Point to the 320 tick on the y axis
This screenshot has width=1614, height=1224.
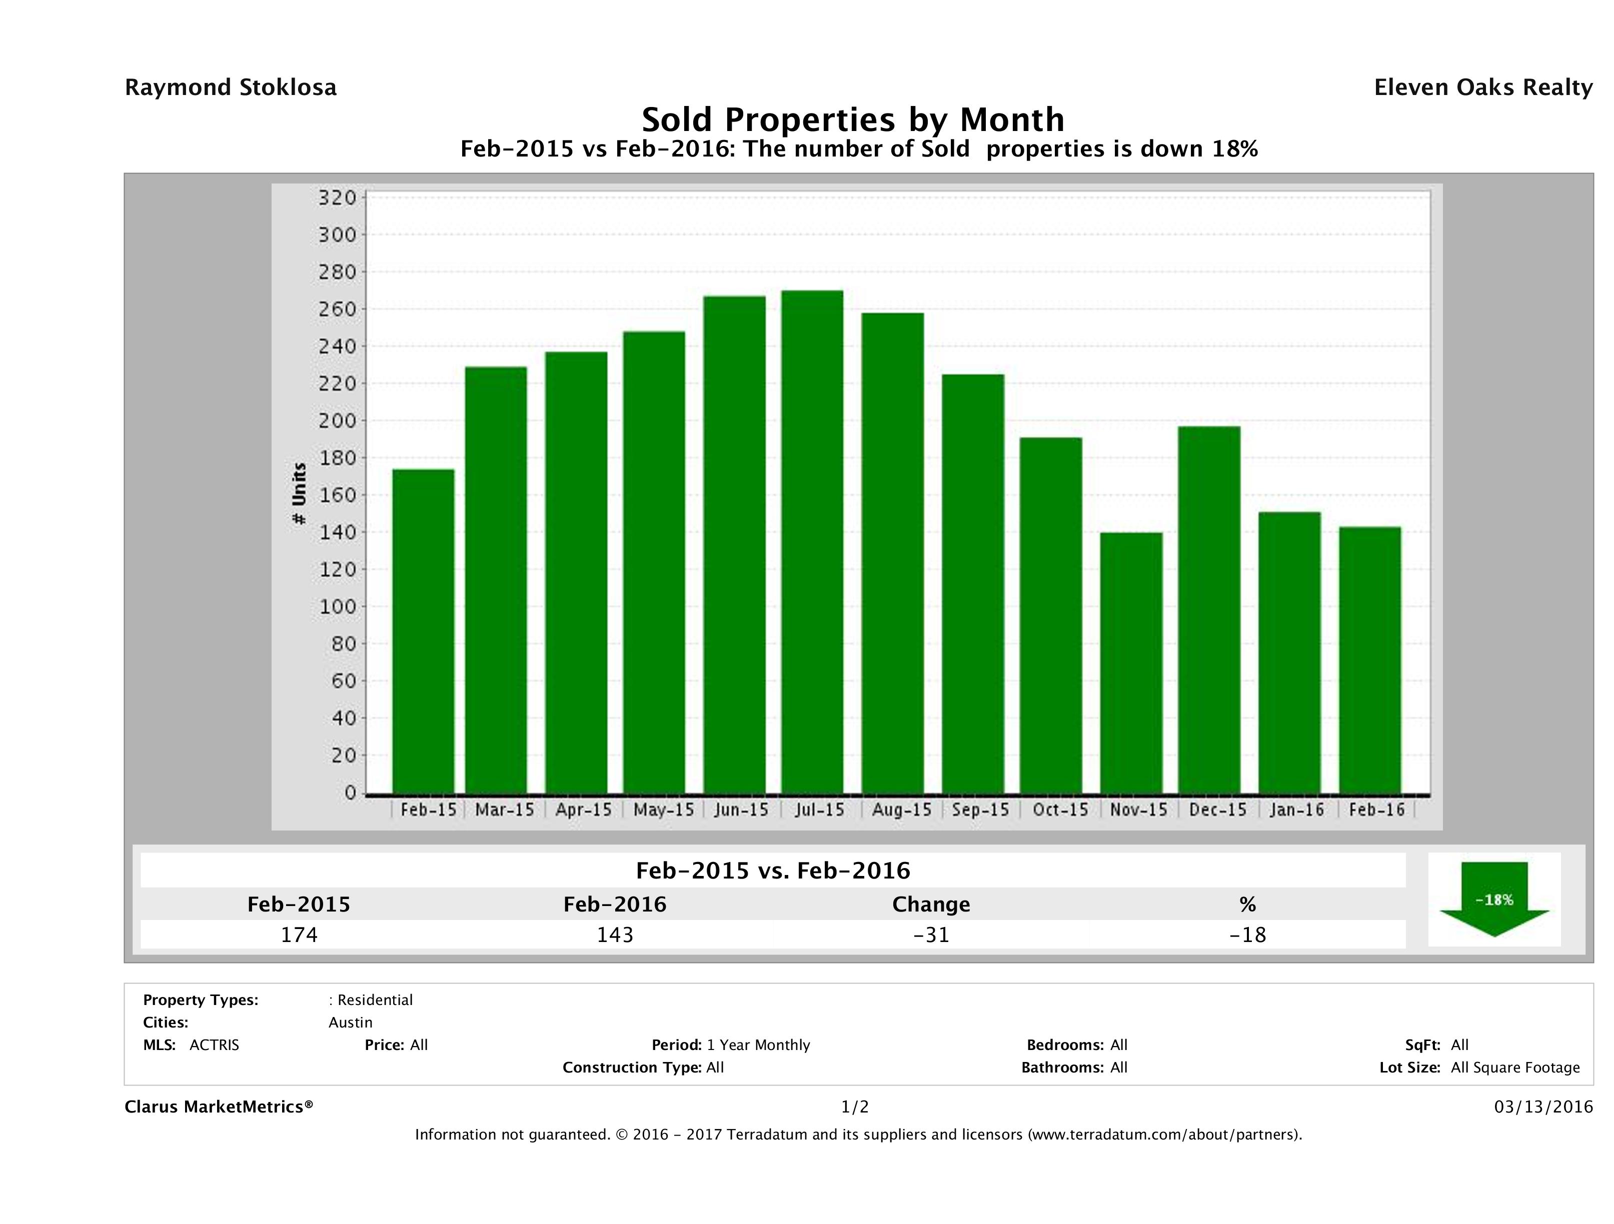pos(337,197)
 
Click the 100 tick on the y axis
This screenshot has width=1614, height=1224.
pos(337,607)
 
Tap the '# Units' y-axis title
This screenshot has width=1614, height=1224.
pos(299,494)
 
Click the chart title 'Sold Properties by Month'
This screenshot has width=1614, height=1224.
pos(853,119)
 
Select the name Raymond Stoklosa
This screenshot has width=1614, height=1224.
pos(231,87)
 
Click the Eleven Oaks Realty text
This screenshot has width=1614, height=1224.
pos(1482,87)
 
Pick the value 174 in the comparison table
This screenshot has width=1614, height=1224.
pos(299,934)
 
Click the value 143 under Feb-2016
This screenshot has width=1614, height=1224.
pos(615,934)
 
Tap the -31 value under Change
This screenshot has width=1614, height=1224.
pos(931,934)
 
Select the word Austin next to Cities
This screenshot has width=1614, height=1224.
pos(350,1022)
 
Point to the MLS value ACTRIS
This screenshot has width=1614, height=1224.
pos(214,1045)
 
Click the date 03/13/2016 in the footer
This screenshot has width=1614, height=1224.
pos(1543,1107)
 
